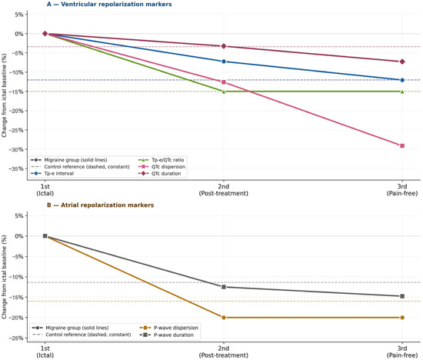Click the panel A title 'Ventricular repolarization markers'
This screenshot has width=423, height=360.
(116, 5)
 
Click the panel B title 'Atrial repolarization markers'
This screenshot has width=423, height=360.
(108, 205)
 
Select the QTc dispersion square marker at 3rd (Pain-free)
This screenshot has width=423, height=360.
(402, 145)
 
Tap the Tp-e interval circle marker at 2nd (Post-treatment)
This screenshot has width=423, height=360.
(224, 62)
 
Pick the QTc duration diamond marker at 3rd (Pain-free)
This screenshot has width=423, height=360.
(402, 62)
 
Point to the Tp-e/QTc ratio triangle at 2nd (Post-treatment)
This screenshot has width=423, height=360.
(224, 92)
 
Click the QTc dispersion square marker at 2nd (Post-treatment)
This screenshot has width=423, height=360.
(224, 82)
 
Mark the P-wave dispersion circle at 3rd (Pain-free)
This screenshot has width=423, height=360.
(402, 318)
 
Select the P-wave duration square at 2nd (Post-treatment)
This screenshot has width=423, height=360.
(224, 287)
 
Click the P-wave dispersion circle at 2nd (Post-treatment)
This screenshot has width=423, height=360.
(224, 318)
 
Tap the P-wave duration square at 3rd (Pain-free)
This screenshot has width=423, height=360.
(402, 296)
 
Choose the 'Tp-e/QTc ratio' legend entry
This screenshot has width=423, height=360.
(162, 160)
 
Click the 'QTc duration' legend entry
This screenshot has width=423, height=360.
(160, 174)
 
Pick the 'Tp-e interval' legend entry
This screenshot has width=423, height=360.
(52, 174)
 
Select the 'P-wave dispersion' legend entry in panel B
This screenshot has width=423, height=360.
(169, 328)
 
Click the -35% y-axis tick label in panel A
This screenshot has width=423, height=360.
(16, 169)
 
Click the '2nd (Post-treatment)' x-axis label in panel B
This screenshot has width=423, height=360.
(224, 352)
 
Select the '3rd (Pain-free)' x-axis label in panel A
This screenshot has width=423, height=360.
(402, 190)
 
